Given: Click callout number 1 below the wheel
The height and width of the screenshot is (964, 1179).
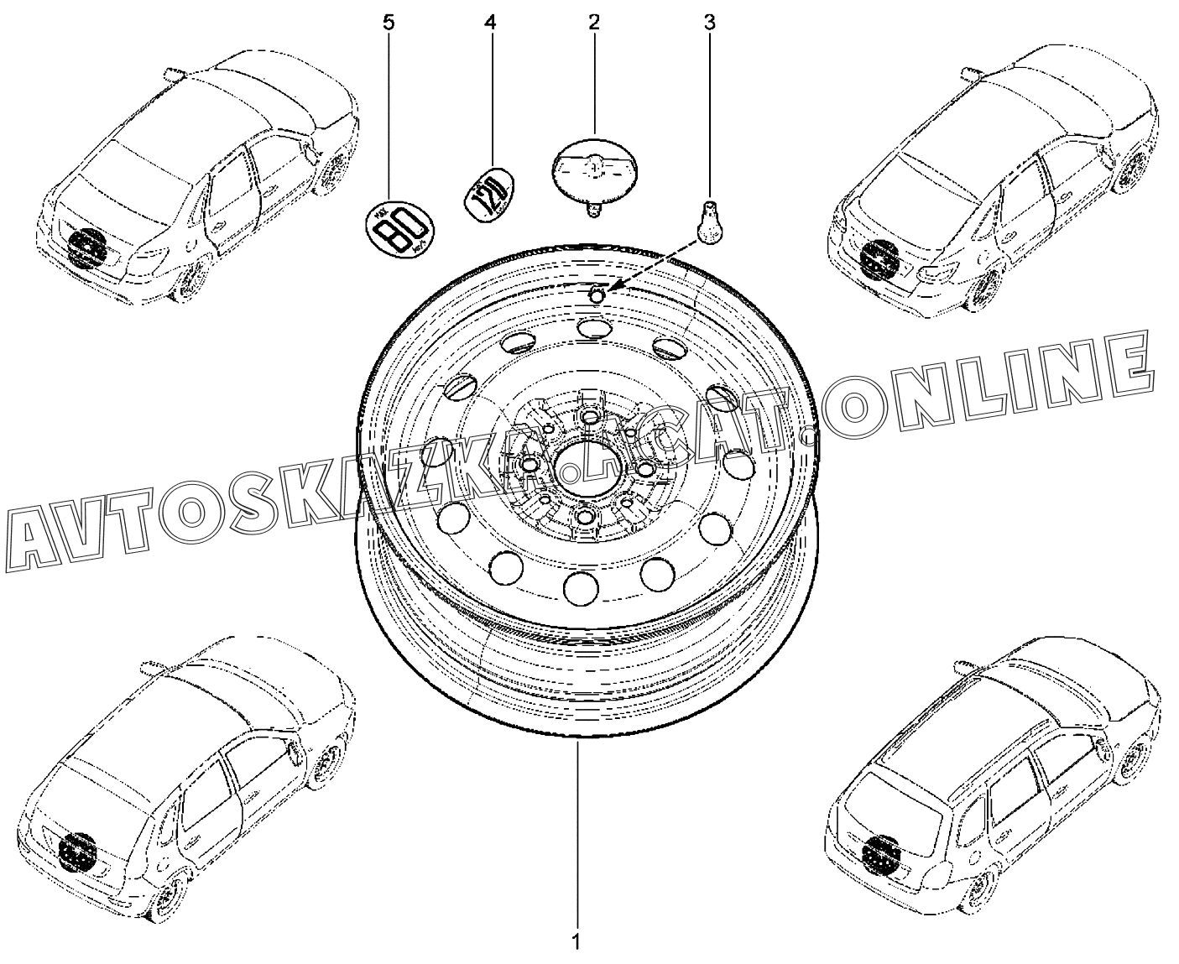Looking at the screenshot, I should tap(575, 942).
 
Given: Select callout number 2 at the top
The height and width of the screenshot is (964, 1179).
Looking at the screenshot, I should tap(594, 23).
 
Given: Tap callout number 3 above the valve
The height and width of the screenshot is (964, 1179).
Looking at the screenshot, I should tap(710, 23).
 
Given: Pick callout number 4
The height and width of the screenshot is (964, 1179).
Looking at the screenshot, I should tap(490, 23).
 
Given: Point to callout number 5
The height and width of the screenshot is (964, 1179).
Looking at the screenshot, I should tap(388, 23).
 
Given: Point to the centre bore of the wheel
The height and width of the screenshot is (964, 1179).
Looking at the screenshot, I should tap(585, 464).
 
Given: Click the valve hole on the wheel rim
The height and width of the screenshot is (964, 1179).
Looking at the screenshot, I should tap(596, 294).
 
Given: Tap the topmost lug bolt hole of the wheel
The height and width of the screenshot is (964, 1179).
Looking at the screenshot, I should tap(591, 417).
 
